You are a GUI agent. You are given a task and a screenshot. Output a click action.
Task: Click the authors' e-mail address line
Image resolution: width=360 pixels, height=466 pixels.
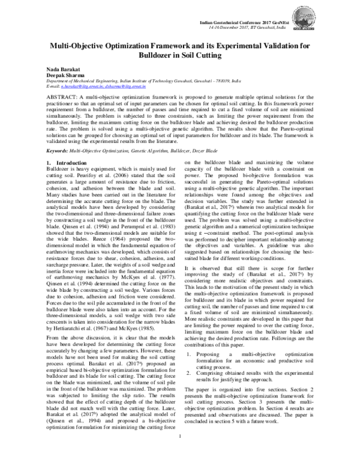pos(95,88)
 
